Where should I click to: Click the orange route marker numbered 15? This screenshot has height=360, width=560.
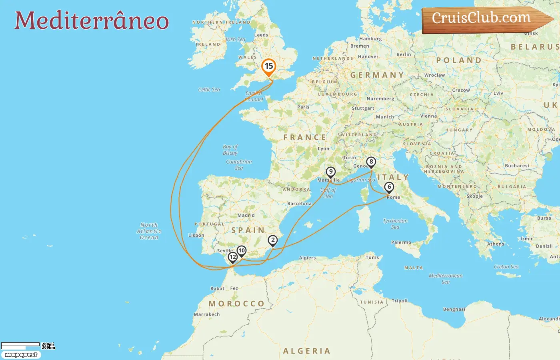coord(269,67)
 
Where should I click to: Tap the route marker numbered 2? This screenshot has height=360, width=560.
coord(273,240)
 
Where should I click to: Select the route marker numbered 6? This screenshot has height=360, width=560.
coord(389,187)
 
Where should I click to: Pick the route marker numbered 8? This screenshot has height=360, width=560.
coord(371,162)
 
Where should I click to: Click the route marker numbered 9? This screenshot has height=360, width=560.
coord(330,172)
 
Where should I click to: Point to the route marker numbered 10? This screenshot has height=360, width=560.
coord(241,251)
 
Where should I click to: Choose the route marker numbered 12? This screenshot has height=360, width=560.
coord(232,257)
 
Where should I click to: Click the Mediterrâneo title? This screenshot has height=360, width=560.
coord(92,20)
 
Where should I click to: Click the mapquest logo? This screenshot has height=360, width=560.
coord(21,355)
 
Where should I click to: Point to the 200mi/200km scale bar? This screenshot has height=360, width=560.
coord(27,346)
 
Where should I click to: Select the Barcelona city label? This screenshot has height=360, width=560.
coord(299,204)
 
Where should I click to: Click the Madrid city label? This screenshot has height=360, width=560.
coord(246,215)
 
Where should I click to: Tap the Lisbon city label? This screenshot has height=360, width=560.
coord(196,235)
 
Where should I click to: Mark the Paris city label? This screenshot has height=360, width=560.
coord(303,107)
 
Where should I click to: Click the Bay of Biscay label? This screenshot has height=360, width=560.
coord(230,150)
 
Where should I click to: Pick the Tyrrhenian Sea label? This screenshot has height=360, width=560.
coord(395,224)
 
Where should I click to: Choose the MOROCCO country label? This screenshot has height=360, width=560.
coord(236,304)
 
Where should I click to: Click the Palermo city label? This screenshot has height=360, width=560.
coord(401,242)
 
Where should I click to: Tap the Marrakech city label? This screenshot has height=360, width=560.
coord(207,314)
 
